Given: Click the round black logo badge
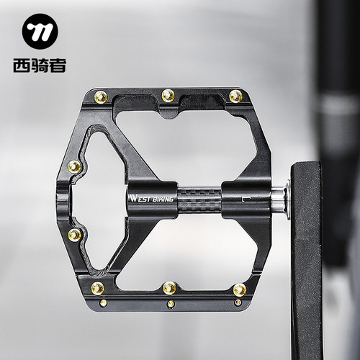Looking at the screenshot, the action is point(40,32).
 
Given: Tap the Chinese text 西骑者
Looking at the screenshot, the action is point(40,65).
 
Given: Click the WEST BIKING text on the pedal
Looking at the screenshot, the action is point(151,199).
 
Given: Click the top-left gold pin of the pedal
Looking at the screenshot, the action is point(101,97).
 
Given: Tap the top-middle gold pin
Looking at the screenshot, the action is point(168,96).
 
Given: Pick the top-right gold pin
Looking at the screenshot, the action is point(235,96).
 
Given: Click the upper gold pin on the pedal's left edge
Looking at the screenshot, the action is point(74,166).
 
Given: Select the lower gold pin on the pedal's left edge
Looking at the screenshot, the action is point(74,235).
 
